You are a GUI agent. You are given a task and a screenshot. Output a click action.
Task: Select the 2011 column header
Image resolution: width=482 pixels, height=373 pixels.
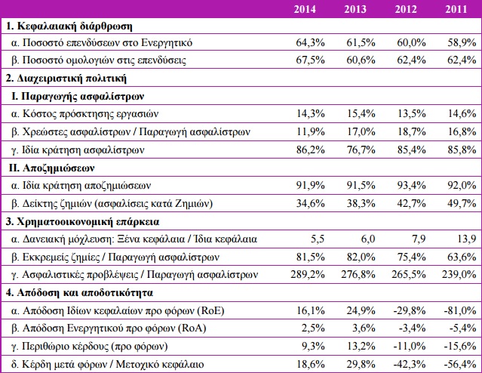click(456, 10)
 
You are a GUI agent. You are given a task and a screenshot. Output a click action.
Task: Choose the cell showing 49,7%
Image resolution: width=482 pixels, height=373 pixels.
click(462, 203)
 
